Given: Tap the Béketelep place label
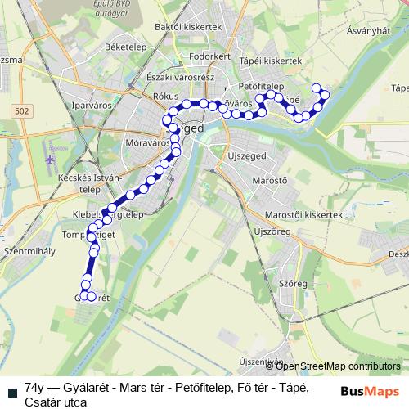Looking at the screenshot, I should point(125,48).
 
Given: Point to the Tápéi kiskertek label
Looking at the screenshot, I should point(272,61).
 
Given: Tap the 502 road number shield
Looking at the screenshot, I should point(23,109).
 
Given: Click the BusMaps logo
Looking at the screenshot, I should point(370,390).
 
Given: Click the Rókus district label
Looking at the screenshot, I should point(165,96).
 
